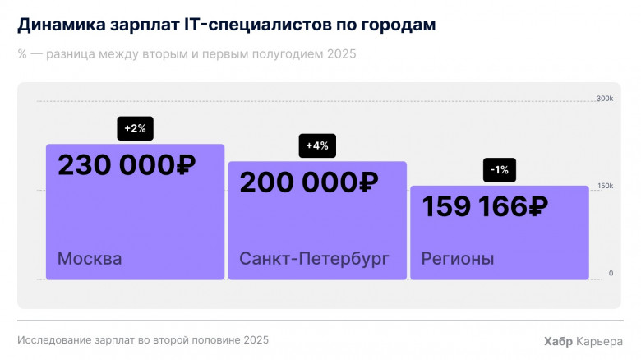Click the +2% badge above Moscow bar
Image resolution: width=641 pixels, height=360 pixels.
(136, 129)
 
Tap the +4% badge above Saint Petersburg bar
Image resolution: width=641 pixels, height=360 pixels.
(317, 145)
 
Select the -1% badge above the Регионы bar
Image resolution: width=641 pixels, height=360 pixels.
(499, 170)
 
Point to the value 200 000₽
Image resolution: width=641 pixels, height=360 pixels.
(308, 182)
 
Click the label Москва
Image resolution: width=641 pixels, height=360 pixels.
(90, 259)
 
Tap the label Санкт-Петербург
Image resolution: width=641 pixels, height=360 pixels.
(314, 259)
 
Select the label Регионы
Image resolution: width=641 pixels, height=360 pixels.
(458, 259)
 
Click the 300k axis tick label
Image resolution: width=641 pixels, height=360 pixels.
(605, 99)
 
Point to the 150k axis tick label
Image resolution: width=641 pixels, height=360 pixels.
(605, 186)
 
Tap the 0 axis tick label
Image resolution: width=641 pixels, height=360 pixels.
(611, 273)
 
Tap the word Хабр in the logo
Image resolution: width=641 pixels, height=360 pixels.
(560, 341)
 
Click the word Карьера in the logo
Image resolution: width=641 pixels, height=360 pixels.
(602, 341)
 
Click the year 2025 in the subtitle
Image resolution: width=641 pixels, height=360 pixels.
(342, 54)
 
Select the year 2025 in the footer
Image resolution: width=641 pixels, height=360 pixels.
(253, 339)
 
